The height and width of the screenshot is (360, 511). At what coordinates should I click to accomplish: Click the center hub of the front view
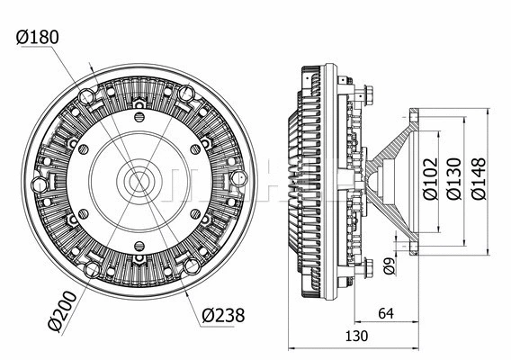(x=139, y=180)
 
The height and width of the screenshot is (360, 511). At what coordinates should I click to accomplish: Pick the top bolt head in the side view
(x=369, y=93)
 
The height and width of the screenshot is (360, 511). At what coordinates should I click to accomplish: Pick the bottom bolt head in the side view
(x=369, y=267)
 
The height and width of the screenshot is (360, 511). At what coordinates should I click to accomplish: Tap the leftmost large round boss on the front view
(x=39, y=184)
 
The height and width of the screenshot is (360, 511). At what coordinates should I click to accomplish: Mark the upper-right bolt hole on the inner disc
(x=195, y=148)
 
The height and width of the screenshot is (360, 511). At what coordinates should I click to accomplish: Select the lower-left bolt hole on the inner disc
(x=83, y=213)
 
